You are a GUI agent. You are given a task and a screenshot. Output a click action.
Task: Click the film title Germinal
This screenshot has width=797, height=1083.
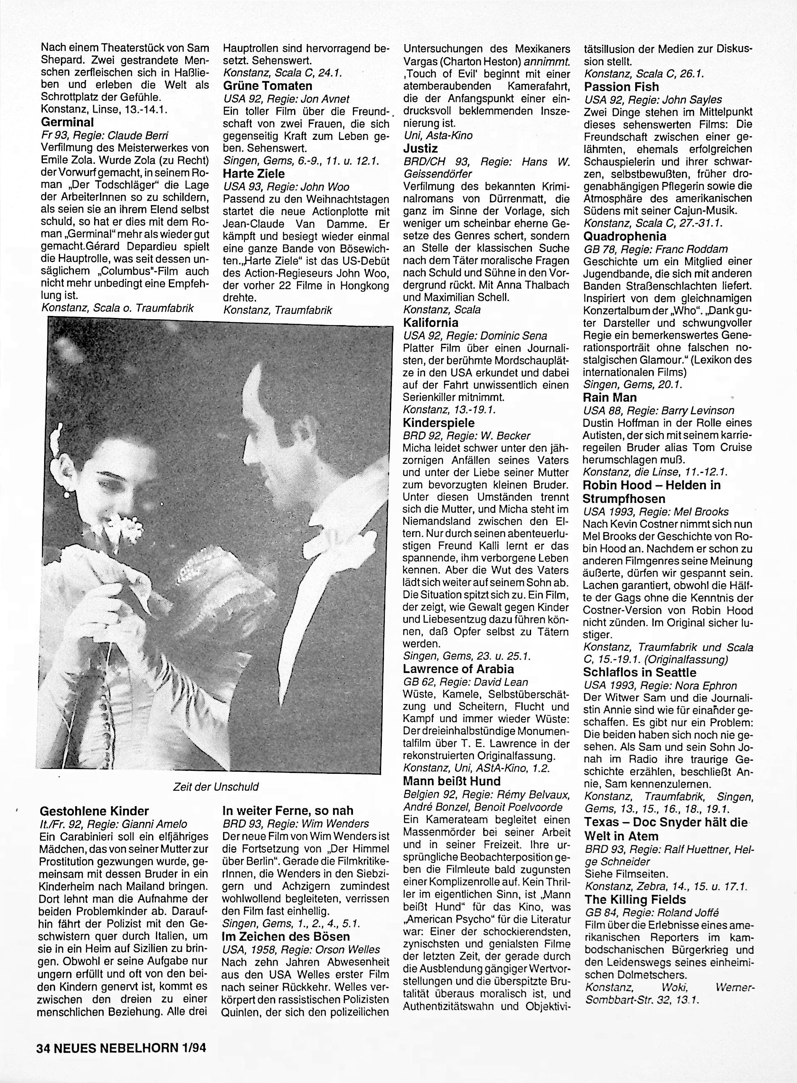pos(68,122)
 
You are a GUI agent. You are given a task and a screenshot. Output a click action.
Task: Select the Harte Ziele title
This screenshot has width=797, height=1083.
pos(254,173)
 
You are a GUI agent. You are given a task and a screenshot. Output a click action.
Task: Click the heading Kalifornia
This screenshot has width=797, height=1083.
pos(431,322)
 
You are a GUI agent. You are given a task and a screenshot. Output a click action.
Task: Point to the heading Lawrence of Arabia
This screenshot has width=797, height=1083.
pos(458,669)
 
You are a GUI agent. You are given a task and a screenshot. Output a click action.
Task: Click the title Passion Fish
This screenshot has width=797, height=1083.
pos(621,87)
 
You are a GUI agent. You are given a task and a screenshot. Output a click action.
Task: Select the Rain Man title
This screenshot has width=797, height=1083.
pos(610,397)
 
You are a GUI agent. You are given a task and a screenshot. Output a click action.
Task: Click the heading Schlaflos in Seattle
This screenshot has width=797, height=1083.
pos(640,673)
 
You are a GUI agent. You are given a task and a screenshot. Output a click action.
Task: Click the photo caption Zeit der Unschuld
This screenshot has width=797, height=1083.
pos(216,787)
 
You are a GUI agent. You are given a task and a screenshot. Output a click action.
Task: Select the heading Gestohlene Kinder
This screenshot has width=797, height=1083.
pos(95,811)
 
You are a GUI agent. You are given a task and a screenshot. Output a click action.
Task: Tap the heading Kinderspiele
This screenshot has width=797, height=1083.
pos(439,423)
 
